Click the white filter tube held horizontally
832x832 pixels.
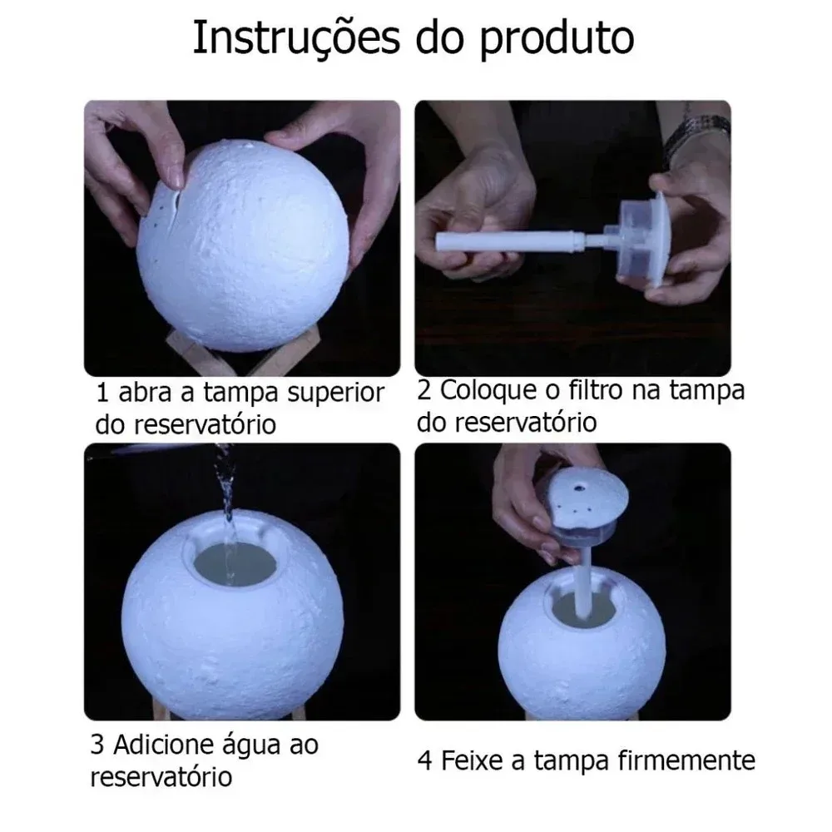tap(508, 243)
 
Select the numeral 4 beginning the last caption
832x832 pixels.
tap(426, 760)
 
